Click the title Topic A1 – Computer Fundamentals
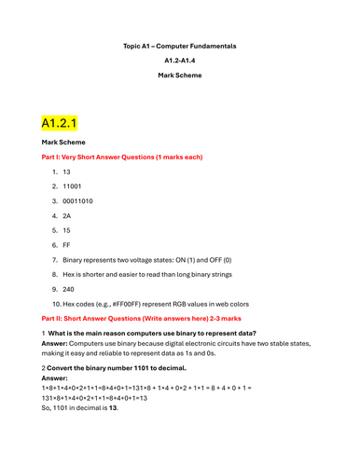180,45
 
